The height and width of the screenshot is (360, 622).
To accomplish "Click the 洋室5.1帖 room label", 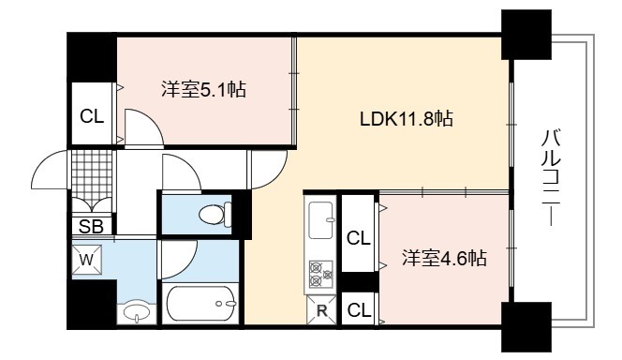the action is pos(203,89).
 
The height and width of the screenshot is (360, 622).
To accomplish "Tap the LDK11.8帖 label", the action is pos(407,119).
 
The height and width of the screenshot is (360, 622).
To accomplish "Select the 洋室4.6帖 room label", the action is pos(444,259).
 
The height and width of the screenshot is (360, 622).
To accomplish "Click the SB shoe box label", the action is pos(91,227).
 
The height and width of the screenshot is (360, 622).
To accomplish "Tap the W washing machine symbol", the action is pos(87,260).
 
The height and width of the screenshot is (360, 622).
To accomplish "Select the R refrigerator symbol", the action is pos(321,310).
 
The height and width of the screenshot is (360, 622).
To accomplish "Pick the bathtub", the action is pos(201,304).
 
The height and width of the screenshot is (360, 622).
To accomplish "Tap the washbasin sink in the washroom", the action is pos(137,312).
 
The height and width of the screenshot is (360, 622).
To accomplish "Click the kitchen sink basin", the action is pos(321,220).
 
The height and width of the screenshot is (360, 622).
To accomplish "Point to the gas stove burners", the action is pos(321,274).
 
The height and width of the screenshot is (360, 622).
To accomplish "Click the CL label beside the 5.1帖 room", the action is pos(92,116).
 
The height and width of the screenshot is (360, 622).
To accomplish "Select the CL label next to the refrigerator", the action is pos(359,310).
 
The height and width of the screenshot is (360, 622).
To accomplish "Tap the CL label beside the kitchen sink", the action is pos(358,238).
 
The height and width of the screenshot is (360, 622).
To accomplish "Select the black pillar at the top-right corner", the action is pos(526,35).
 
